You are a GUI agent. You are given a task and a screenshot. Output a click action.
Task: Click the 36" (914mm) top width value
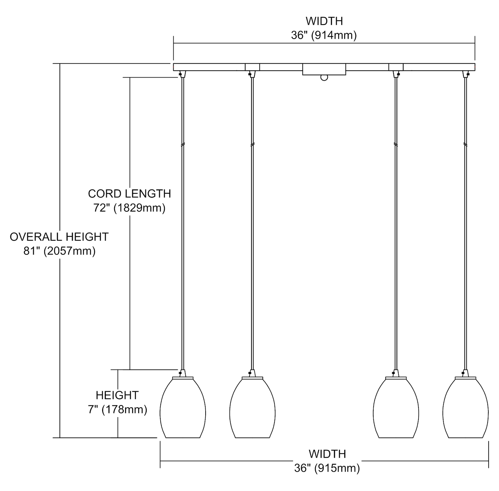coord(324,35)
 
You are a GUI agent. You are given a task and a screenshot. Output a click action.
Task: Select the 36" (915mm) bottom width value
coord(327,468)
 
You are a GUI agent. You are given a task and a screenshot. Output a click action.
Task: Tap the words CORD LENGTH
coord(129,194)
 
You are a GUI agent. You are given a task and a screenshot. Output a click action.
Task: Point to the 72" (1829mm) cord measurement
coord(129,208)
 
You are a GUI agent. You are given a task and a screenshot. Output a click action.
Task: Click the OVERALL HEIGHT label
coord(59,237)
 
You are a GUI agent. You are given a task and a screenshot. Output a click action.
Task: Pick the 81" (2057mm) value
coord(59,251)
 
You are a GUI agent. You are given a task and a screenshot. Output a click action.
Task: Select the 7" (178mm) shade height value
coord(117,409)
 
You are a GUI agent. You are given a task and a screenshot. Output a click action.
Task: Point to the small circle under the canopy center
coord(324,78)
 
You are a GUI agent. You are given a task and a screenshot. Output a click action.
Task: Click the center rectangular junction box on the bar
coord(324,69)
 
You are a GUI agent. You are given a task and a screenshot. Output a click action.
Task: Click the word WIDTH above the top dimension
coord(324,21)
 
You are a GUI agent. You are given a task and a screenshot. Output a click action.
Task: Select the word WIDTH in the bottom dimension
coord(327,454)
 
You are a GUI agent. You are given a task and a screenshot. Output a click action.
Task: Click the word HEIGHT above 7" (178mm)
coord(117,395)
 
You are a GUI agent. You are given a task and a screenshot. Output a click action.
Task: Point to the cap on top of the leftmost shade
coord(183,377)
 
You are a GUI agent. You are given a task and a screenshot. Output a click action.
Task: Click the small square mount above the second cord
coord(252,67)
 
